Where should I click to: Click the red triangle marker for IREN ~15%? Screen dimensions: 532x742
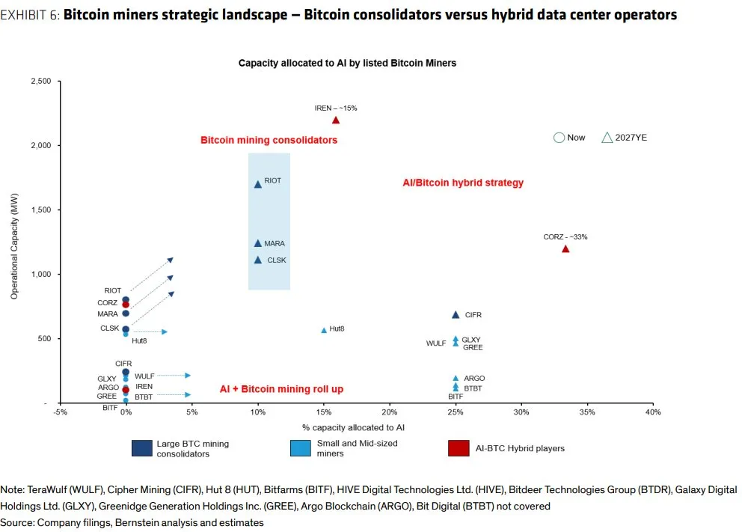click(x=336, y=120)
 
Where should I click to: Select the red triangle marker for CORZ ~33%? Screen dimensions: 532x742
click(x=565, y=248)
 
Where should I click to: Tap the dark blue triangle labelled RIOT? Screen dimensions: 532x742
click(x=258, y=183)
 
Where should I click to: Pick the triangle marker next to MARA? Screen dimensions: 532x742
click(x=258, y=243)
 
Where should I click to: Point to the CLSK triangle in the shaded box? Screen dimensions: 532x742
click(x=258, y=260)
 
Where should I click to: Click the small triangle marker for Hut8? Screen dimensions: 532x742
click(x=324, y=330)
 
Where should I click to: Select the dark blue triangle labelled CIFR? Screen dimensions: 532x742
click(x=456, y=315)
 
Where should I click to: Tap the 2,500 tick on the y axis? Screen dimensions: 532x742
click(x=40, y=81)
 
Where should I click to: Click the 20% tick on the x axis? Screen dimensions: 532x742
click(x=389, y=412)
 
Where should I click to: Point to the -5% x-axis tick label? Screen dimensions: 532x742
click(x=60, y=412)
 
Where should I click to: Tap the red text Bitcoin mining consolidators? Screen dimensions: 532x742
click(x=269, y=140)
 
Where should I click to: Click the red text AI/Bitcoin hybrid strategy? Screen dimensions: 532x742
click(x=463, y=183)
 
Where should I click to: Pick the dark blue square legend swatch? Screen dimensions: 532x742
click(x=142, y=448)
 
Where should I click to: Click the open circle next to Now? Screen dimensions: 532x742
click(x=558, y=138)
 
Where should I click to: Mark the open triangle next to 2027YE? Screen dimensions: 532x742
click(x=607, y=138)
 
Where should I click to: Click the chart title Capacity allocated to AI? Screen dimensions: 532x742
click(x=347, y=64)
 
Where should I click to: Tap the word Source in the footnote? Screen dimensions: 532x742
click(x=16, y=523)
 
